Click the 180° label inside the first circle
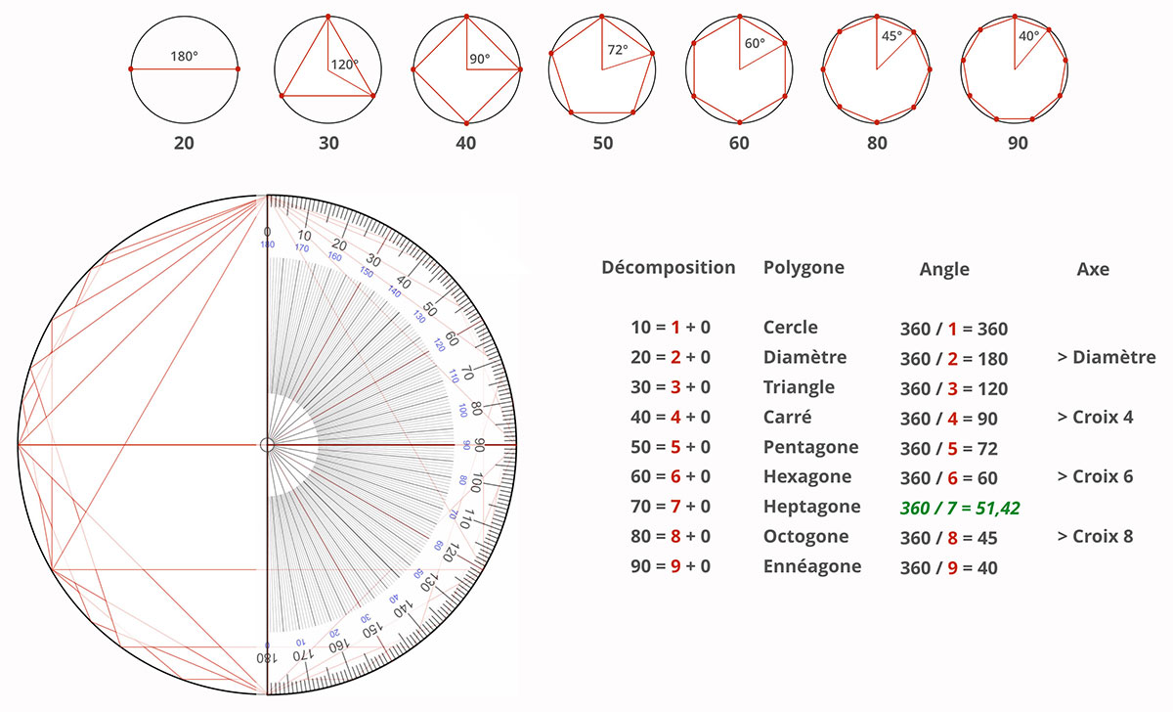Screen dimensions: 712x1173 (184, 57)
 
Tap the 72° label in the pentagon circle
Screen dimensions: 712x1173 (617, 49)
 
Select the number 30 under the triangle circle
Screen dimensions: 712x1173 (328, 143)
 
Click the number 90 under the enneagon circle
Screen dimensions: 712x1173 (1017, 143)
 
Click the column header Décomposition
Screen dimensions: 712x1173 (668, 267)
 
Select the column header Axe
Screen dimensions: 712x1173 (1092, 268)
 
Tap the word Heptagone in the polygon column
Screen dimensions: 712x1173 (811, 507)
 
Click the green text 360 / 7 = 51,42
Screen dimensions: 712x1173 (960, 508)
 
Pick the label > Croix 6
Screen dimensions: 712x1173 (1095, 476)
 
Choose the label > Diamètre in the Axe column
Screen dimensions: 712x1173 (1106, 357)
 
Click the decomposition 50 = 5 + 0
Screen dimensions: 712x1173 (671, 447)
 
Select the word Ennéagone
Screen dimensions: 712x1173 (812, 566)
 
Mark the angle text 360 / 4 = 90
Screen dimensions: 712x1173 (953, 418)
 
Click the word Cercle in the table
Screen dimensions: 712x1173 (791, 328)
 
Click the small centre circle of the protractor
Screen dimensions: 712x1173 (266, 445)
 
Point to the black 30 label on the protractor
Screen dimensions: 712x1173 (372, 262)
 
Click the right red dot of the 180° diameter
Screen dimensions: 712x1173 (238, 69)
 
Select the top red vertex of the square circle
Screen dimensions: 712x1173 (466, 16)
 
